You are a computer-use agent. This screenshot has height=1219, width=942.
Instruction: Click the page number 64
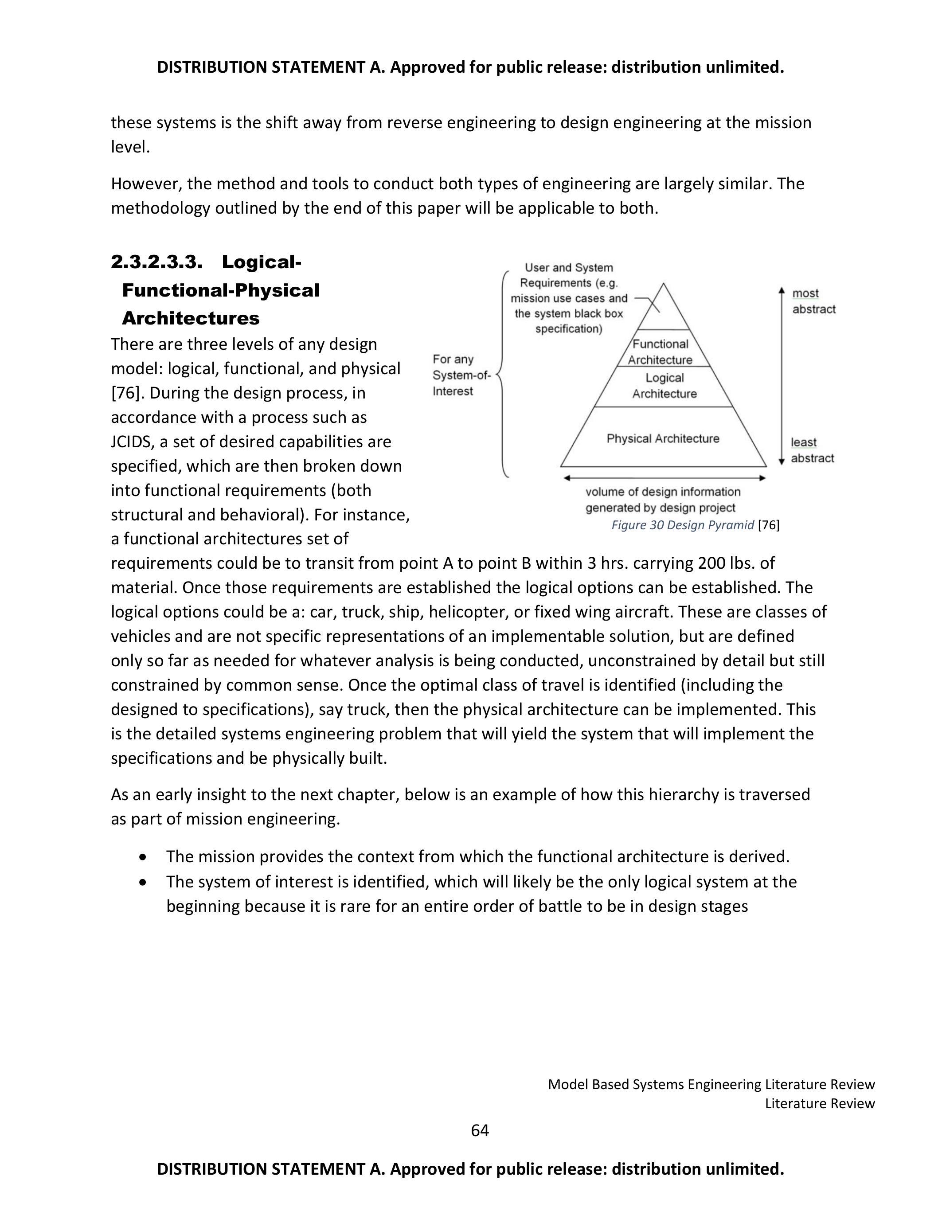click(479, 1130)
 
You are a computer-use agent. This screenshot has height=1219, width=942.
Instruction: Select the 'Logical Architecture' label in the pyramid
click(664, 386)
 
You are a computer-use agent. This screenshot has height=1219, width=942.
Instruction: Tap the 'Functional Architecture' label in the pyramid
click(660, 352)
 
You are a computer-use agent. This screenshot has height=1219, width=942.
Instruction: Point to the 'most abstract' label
click(813, 301)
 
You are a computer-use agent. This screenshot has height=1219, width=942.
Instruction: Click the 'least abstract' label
click(812, 450)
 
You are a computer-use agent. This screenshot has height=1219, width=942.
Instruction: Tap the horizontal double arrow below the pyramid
click(664, 478)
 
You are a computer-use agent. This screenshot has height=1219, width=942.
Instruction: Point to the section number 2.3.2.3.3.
click(156, 262)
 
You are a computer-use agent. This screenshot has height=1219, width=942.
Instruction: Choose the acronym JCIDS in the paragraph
click(132, 441)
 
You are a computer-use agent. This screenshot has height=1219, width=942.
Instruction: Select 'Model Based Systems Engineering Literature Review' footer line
click(711, 1084)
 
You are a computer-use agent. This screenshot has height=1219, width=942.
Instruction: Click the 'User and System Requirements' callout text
click(569, 298)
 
